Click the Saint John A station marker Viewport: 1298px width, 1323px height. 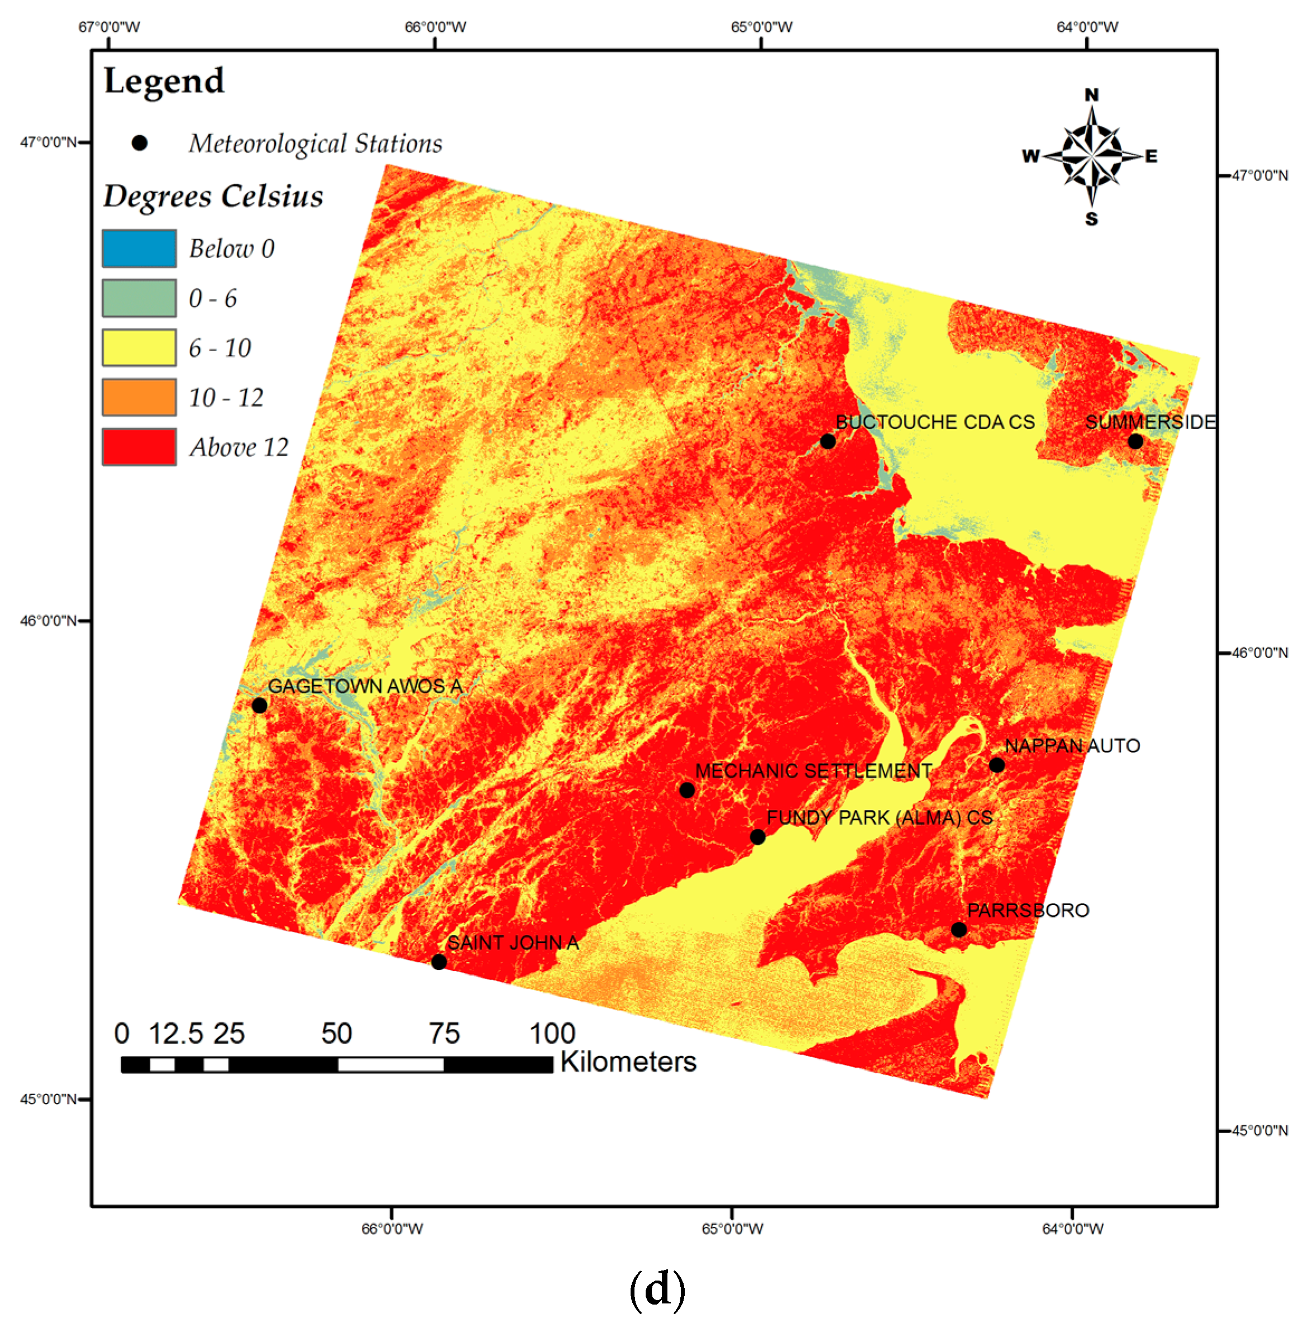[x=439, y=962]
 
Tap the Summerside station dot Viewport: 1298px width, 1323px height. [x=1135, y=441]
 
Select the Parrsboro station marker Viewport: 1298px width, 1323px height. [x=959, y=930]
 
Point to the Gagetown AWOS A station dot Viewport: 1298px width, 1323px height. [x=259, y=705]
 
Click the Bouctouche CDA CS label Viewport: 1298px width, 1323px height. [x=934, y=422]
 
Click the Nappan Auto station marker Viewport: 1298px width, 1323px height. [x=996, y=765]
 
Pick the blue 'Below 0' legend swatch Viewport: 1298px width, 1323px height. [x=139, y=248]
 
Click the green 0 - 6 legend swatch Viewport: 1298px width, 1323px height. [x=139, y=298]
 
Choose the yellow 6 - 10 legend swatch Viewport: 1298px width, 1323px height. [x=139, y=348]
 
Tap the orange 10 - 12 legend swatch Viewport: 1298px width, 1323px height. [x=139, y=397]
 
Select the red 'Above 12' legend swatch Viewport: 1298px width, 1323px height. [x=139, y=447]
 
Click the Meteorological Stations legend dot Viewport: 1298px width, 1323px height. [x=140, y=143]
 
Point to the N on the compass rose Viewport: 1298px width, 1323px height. [x=1091, y=95]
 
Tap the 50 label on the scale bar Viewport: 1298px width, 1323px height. [x=337, y=1033]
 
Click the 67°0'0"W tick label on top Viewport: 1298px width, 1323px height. [x=109, y=27]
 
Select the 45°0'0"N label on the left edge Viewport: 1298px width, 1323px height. [x=47, y=1098]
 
